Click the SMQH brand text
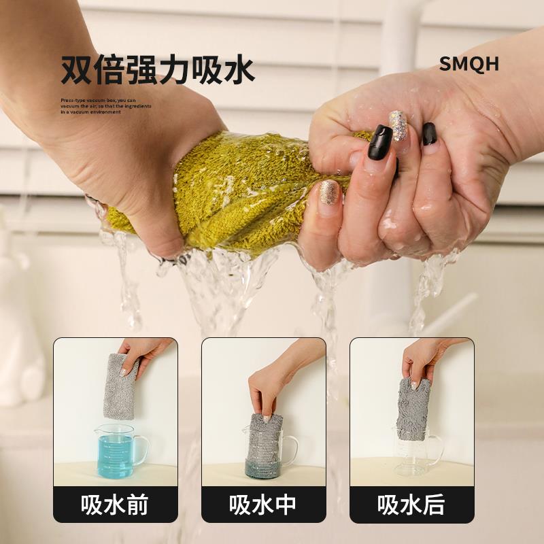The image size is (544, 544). point(469,64)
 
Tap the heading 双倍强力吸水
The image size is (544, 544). point(158,70)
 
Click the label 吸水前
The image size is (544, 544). point(115,505)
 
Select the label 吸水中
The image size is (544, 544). point(263,505)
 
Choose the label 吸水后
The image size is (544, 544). point(411,505)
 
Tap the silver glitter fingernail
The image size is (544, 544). point(398,125)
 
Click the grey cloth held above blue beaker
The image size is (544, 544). point(120,386)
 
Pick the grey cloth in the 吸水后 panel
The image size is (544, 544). point(413,408)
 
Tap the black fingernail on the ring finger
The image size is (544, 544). point(430,133)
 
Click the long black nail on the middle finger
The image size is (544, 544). point(380,142)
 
